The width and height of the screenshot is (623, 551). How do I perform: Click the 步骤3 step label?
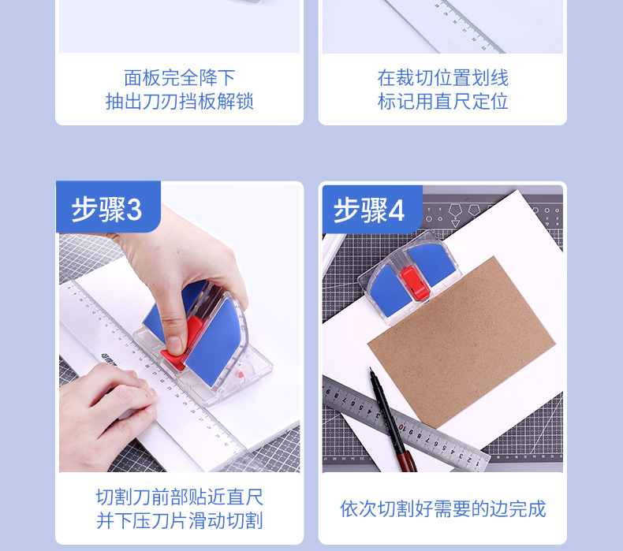106,209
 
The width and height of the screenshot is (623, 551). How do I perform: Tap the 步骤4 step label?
369,210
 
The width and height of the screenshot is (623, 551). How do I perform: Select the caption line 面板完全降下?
180,77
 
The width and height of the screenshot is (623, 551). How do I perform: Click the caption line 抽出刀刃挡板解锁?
180,102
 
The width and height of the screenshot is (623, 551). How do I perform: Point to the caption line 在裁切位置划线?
442,77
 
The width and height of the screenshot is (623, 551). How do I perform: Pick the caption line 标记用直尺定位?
442,102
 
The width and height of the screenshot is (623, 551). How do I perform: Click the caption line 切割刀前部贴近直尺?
180,497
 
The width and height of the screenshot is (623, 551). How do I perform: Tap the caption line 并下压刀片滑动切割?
180,521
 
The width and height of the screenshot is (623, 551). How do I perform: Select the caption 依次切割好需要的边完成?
442,509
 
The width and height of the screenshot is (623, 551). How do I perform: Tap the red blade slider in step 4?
414,282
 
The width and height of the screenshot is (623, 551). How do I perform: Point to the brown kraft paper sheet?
461,341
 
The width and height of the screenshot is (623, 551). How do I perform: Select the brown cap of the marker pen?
407,461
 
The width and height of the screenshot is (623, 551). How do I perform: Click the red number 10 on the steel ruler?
402,427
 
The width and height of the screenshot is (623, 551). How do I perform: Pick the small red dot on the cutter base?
240,374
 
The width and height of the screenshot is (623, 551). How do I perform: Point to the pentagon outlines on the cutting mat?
464,210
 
